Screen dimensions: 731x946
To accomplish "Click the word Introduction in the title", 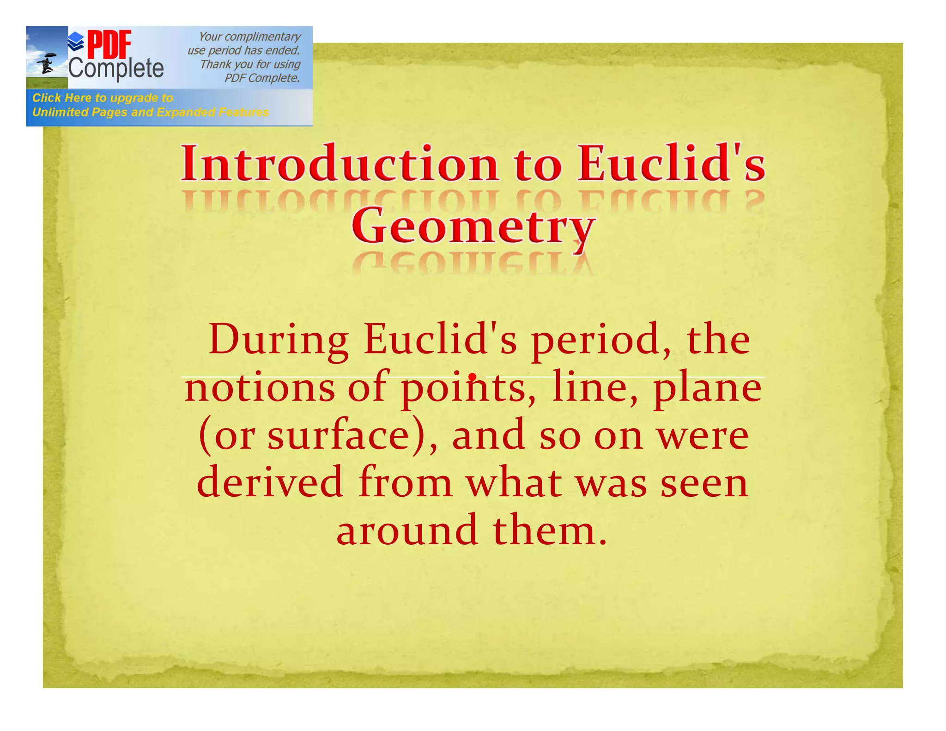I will tap(340, 164).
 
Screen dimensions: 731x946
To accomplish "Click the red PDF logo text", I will tap(109, 45).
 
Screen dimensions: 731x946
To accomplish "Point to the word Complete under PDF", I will tap(116, 69).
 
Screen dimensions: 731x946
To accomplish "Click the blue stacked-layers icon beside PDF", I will tap(76, 42).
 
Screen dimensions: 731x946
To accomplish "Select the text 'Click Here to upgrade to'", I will tap(103, 98).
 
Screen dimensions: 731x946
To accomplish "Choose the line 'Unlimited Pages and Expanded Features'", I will tap(150, 112).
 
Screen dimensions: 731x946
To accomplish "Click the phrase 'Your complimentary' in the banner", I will tap(249, 37).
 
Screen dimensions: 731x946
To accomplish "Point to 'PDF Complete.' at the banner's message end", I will tap(262, 78).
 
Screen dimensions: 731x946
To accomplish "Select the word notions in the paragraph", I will tap(260, 388).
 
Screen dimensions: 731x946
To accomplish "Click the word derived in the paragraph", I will tap(270, 482).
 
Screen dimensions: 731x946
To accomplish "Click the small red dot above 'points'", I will tap(472, 377).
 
